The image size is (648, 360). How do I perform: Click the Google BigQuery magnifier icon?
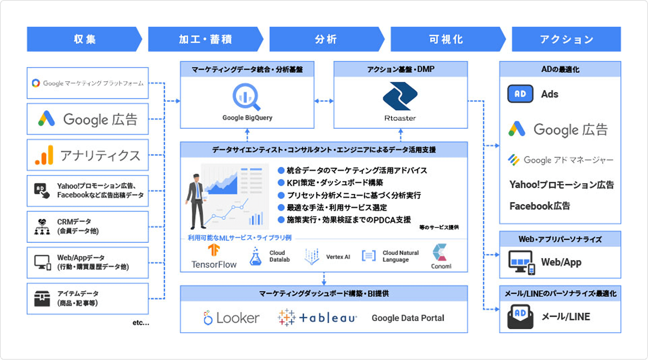pyautogui.click(x=246, y=96)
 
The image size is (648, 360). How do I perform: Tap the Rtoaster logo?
pyautogui.click(x=400, y=96)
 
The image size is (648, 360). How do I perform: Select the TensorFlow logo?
pyautogui.click(x=214, y=250)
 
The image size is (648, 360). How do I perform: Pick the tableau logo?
pyautogui.click(x=317, y=318)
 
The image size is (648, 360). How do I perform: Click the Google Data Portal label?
pyautogui.click(x=408, y=318)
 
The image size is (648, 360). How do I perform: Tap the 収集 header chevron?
pyautogui.click(x=85, y=39)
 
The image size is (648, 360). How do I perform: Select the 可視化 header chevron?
pyautogui.click(x=446, y=39)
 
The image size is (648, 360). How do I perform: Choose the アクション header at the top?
pyautogui.click(x=566, y=39)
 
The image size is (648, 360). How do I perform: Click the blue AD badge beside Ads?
pyautogui.click(x=520, y=94)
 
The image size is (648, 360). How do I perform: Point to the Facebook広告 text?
pyautogui.click(x=539, y=206)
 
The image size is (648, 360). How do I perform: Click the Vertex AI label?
pyautogui.click(x=338, y=257)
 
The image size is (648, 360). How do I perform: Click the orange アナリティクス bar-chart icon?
pyautogui.click(x=44, y=155)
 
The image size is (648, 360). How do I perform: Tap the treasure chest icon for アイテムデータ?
pyautogui.click(x=42, y=298)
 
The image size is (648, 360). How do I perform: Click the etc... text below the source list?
pyautogui.click(x=141, y=323)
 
